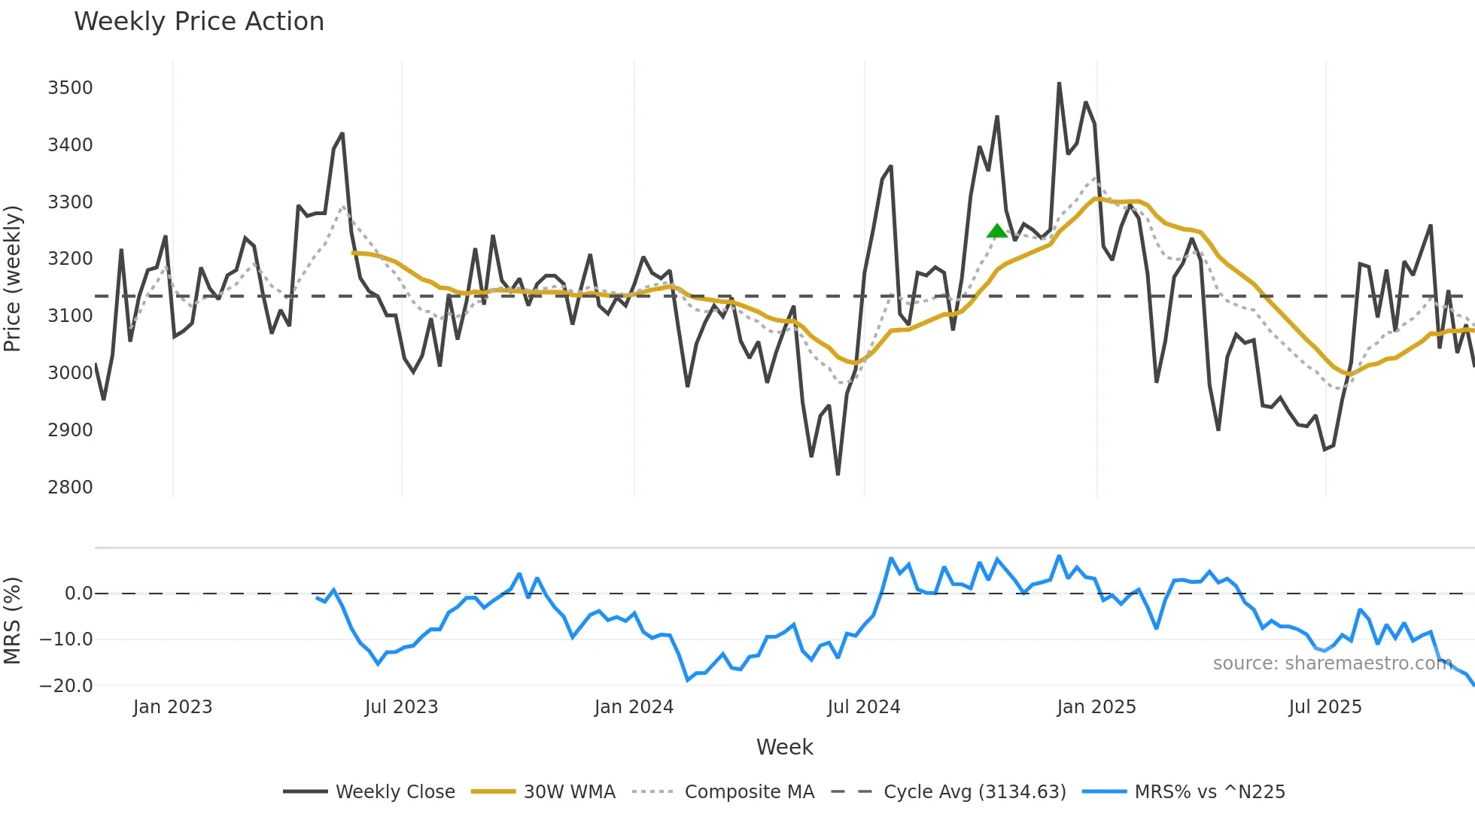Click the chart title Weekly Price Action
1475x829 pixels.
pos(199,22)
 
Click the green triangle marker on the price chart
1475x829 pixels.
pos(996,232)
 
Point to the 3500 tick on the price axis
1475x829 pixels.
pos(70,88)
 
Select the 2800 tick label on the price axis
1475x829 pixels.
pos(70,487)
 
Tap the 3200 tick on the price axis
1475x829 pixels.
pos(70,259)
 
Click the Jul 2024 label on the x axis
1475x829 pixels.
pos(863,707)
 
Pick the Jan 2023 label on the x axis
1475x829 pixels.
pos(172,707)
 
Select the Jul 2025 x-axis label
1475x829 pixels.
pos(1324,707)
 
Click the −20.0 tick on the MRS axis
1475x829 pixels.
pos(66,686)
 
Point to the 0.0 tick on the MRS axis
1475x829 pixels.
pos(78,594)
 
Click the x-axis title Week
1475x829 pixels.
pos(784,747)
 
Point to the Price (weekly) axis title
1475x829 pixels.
pos(13,278)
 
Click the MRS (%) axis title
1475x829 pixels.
pos(13,621)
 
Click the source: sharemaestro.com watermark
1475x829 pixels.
pos(1332,664)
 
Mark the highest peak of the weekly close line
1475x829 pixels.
pos(1059,84)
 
